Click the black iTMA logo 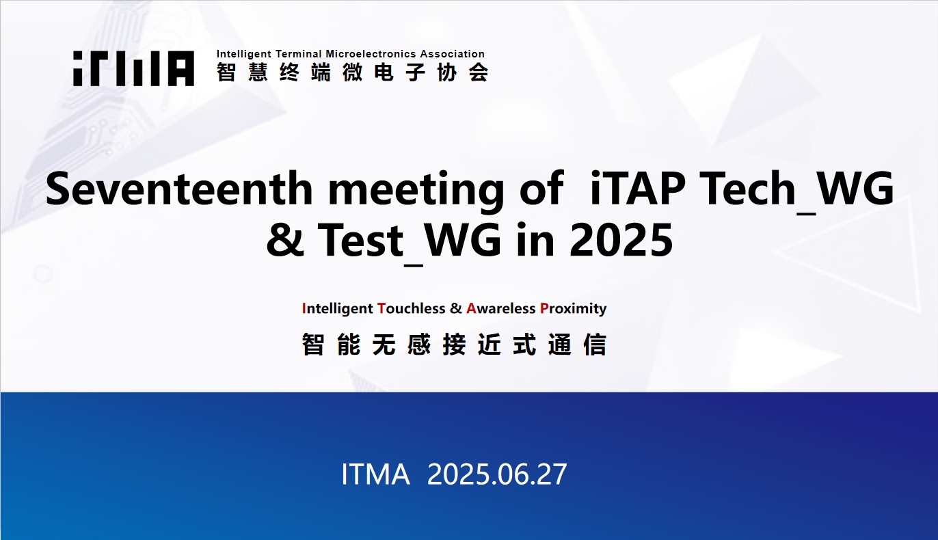point(133,68)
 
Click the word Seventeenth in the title point(179,189)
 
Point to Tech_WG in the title point(797,191)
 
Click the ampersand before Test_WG point(285,240)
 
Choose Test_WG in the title point(409,243)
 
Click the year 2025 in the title point(621,240)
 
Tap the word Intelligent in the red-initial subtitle point(338,309)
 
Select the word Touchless point(411,308)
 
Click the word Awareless point(501,308)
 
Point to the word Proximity point(574,309)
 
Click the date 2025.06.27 point(497,474)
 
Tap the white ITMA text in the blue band point(375,474)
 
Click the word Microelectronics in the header point(371,54)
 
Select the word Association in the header point(453,54)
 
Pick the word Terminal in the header point(299,54)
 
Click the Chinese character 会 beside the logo point(479,72)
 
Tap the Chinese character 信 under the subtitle point(595,345)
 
